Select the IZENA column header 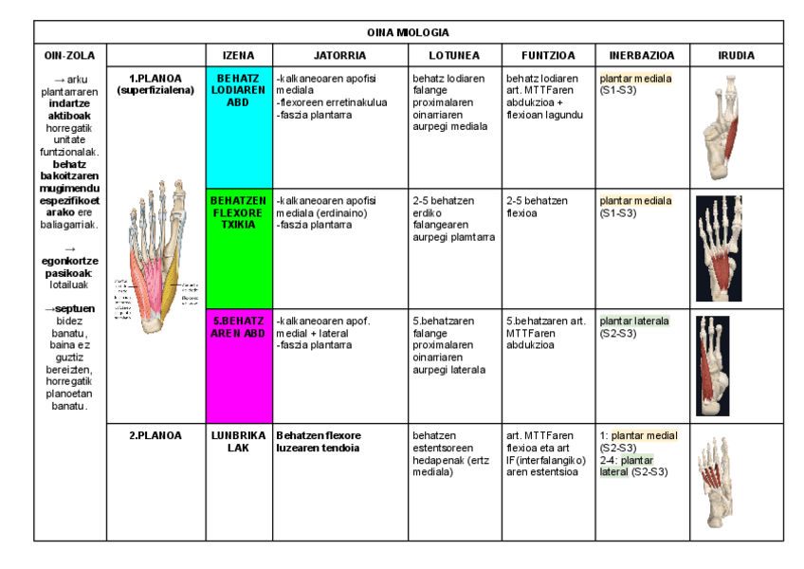click(238, 56)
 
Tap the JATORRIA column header click(340, 56)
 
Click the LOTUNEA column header click(454, 56)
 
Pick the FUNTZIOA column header click(548, 56)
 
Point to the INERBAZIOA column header click(642, 56)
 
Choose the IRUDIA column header click(736, 56)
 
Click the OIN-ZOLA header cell click(69, 56)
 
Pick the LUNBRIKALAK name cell click(238, 442)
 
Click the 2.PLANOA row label click(155, 436)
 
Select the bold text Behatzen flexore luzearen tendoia click(319, 442)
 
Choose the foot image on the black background click(718, 248)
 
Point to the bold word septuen click(72, 309)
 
